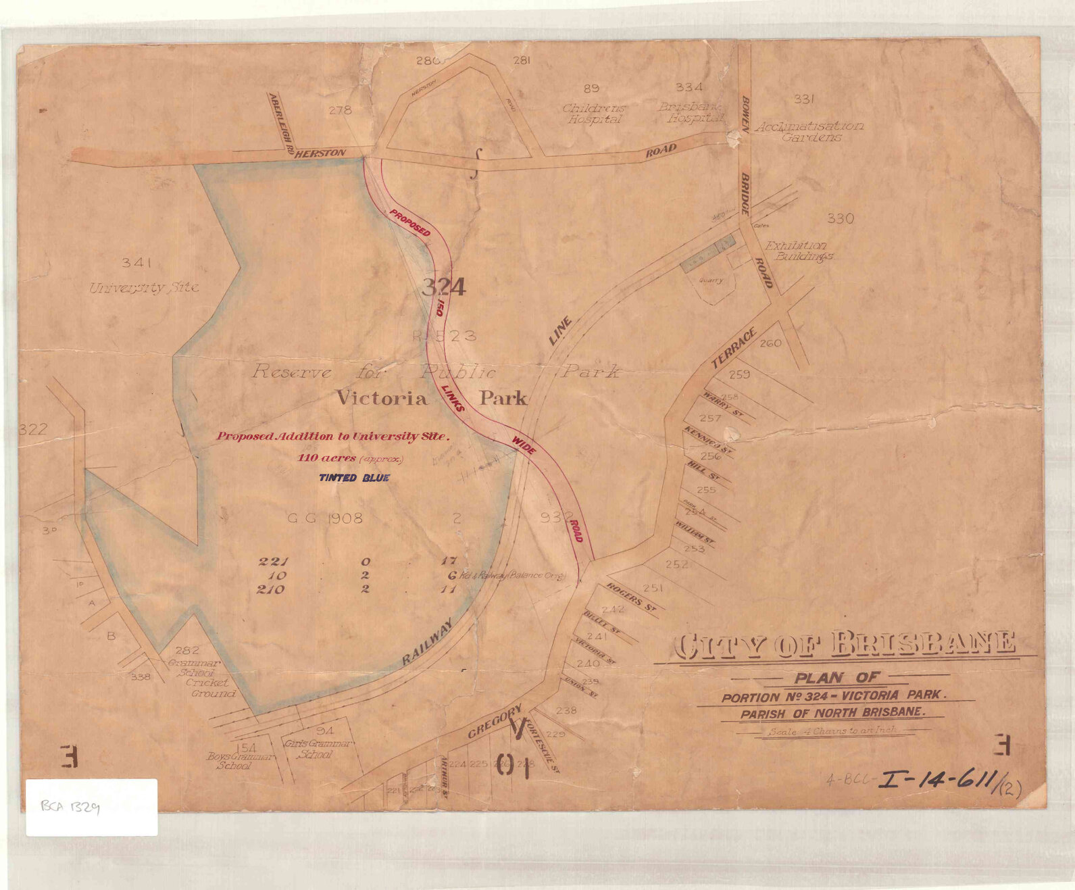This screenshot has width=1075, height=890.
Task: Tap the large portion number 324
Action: click(443, 288)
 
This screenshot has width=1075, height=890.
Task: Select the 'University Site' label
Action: click(144, 288)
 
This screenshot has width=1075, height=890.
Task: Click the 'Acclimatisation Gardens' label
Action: click(809, 131)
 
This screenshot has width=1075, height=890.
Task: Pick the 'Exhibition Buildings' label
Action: click(799, 251)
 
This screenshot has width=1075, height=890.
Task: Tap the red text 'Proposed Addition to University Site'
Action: click(332, 437)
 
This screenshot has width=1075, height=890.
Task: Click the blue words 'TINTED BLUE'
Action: click(354, 478)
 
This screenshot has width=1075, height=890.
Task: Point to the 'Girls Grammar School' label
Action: click(318, 749)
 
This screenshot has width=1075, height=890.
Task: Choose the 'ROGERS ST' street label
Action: click(632, 598)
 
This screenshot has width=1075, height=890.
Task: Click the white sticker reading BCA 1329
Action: click(91, 807)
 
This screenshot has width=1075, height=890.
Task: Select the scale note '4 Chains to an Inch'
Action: click(831, 731)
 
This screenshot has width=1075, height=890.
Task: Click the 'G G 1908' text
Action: click(325, 518)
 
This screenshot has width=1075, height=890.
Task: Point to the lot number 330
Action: click(840, 218)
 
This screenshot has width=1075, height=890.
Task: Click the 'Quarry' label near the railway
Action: click(710, 280)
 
